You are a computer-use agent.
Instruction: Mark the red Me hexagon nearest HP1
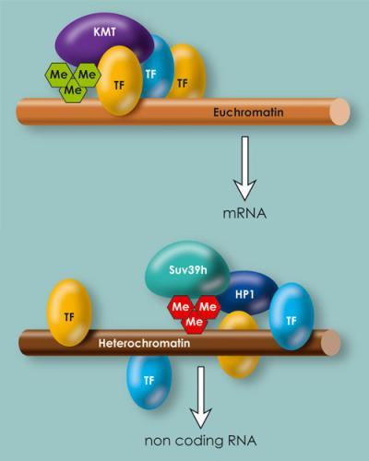(208, 304)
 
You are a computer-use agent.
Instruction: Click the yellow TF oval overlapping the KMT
(121, 80)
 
